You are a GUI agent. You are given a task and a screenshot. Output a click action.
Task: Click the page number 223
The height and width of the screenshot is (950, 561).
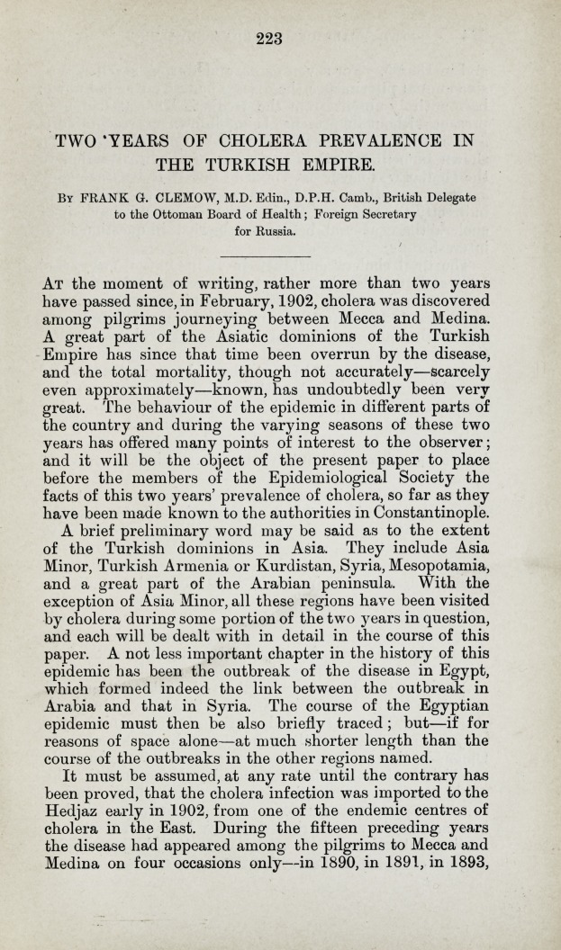click(x=268, y=37)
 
